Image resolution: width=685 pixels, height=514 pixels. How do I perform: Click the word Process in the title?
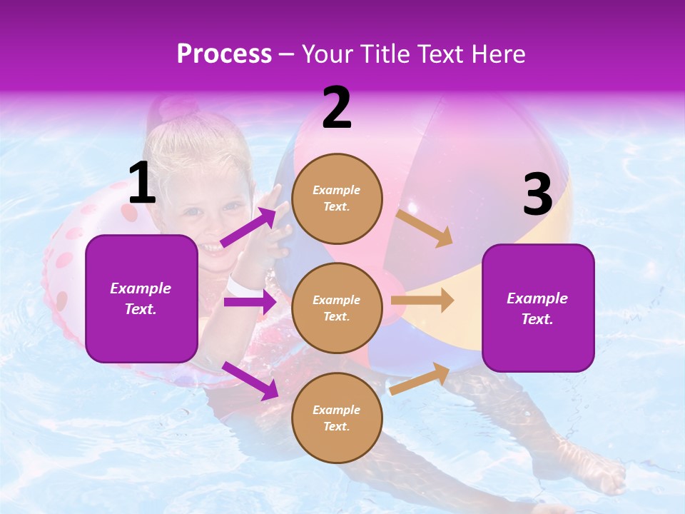click(224, 54)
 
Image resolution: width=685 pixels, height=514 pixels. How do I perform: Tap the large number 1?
click(142, 183)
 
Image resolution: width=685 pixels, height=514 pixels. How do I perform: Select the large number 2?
click(337, 108)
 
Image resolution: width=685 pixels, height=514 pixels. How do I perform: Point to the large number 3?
click(537, 195)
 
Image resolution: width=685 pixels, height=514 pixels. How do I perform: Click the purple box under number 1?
click(141, 298)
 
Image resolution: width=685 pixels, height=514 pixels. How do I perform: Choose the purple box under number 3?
click(538, 308)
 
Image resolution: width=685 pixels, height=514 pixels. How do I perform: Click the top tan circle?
click(337, 198)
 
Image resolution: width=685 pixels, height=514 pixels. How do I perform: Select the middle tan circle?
click(337, 308)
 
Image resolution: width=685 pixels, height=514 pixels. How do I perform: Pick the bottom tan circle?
click(337, 418)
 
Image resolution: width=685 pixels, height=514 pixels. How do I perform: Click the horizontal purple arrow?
click(250, 302)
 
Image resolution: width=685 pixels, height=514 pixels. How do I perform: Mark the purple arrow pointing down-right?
click(250, 381)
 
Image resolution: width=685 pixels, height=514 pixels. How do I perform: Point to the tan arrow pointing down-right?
click(425, 228)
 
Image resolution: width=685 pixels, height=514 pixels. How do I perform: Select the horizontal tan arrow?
click(422, 301)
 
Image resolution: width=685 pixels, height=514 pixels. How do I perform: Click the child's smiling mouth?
click(211, 248)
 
